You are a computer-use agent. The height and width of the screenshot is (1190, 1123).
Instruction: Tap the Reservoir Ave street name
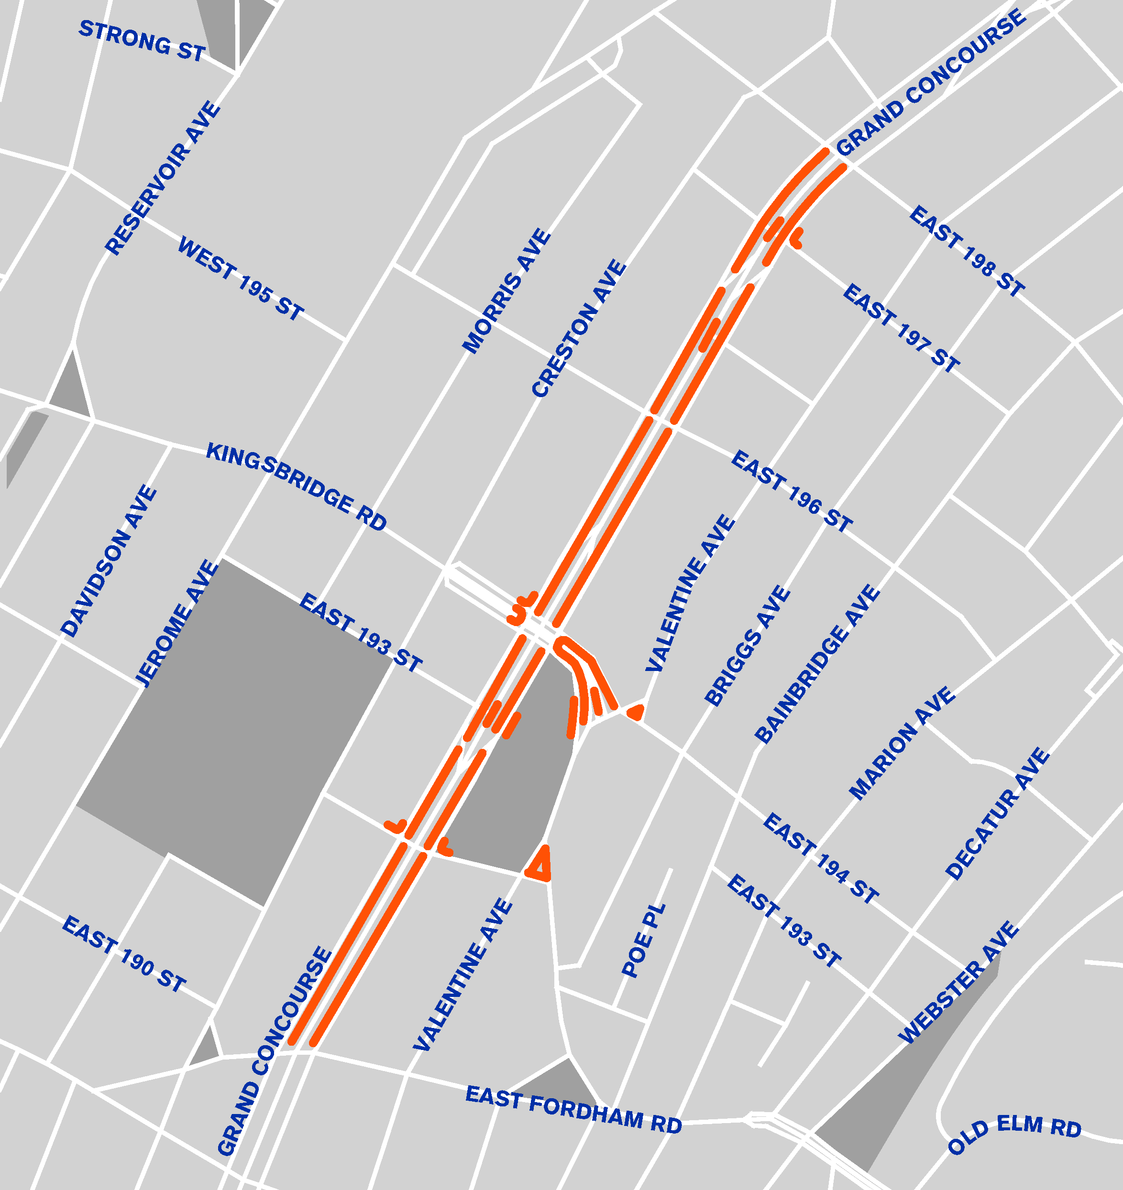tap(163, 178)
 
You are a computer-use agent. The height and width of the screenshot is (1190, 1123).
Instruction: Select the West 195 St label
tap(241, 278)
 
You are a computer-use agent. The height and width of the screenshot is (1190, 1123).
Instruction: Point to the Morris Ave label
tap(506, 291)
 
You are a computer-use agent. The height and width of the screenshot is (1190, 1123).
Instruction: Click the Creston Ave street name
tap(579, 328)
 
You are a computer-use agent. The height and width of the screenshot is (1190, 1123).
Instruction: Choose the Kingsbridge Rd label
tap(297, 486)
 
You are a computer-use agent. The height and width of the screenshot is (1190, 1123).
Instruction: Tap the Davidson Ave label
tap(109, 562)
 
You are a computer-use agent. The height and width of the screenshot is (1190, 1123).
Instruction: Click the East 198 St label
tap(967, 251)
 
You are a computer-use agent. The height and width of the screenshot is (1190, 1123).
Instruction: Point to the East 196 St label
tap(792, 491)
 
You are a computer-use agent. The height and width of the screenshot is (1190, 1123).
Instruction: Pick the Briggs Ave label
tap(748, 646)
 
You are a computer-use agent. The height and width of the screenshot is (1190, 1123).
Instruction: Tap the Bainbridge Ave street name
tap(817, 664)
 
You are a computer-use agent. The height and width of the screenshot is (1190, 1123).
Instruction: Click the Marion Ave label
tap(902, 744)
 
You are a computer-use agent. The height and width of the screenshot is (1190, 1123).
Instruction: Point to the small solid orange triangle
tap(636, 712)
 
